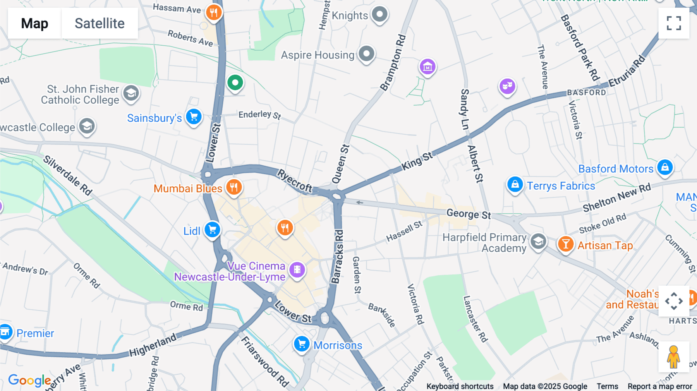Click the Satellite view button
click(100, 23)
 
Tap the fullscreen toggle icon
click(674, 23)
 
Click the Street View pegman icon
click(673, 357)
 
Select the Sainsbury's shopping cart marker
click(194, 117)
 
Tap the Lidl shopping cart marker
click(212, 230)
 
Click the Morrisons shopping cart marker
click(301, 344)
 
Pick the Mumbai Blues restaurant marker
click(233, 187)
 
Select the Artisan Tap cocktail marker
click(565, 244)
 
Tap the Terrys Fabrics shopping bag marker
click(515, 185)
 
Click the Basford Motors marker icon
click(665, 167)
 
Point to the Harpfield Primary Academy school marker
click(538, 242)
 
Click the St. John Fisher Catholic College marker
click(131, 93)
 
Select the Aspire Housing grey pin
click(366, 53)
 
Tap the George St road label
click(469, 214)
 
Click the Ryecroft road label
click(294, 180)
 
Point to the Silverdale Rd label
click(68, 175)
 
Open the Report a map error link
click(659, 386)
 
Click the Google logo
click(29, 380)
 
